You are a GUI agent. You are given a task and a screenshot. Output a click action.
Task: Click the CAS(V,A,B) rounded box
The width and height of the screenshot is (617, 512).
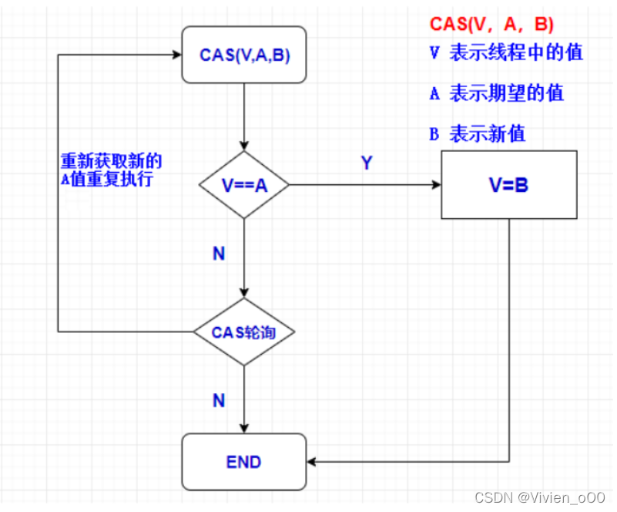(243, 55)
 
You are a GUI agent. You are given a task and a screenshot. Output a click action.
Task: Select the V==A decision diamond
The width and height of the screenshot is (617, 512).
(243, 185)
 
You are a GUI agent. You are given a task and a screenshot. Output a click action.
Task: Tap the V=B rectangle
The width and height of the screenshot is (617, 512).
(508, 185)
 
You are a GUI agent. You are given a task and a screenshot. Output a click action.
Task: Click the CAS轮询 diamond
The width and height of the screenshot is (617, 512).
(243, 332)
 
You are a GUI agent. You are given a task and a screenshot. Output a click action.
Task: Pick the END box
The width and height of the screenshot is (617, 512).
(243, 462)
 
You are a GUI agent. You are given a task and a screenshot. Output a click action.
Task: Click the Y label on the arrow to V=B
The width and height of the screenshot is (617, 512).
(367, 163)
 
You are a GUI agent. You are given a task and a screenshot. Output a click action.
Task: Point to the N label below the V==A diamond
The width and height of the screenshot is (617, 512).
(219, 254)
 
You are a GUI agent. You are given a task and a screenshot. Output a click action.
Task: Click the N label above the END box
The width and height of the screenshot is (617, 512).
(219, 400)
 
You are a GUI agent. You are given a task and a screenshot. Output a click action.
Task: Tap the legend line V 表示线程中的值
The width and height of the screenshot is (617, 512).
(505, 53)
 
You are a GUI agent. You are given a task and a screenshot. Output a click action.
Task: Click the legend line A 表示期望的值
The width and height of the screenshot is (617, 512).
(496, 93)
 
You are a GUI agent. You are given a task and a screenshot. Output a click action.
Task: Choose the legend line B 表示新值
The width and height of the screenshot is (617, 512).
(477, 133)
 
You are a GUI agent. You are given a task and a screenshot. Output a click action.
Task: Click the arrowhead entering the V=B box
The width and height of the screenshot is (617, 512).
(436, 185)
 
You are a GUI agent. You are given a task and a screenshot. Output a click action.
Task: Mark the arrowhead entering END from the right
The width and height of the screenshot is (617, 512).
(313, 462)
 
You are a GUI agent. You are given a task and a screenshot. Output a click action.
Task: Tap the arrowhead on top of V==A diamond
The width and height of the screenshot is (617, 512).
(243, 147)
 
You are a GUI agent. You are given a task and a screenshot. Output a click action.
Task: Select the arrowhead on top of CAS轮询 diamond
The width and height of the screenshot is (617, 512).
(243, 294)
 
